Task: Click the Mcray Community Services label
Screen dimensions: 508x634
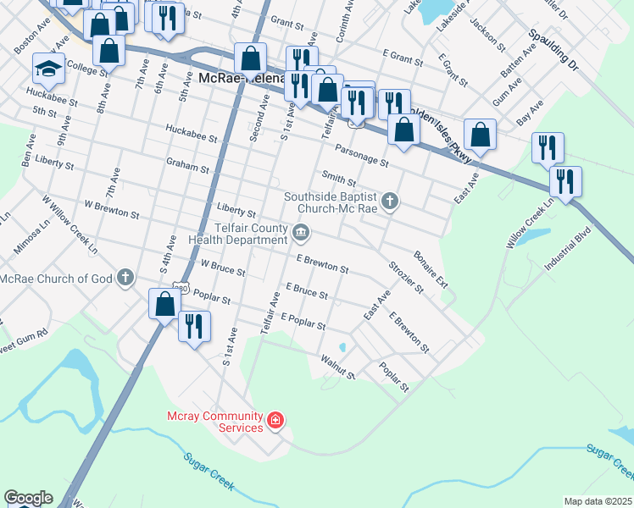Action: [x=215, y=422]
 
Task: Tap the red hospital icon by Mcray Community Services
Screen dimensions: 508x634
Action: [x=275, y=419]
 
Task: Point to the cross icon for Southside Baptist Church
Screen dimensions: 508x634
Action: [x=390, y=202]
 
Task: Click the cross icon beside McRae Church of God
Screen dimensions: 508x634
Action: [x=125, y=277]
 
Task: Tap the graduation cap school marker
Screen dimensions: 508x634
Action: [x=48, y=69]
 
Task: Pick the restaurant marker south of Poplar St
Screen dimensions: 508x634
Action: [x=194, y=326]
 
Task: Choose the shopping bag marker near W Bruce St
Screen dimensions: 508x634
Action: [x=164, y=302]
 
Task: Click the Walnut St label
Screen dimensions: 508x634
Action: [x=336, y=367]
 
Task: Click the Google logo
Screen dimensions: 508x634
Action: [x=28, y=498]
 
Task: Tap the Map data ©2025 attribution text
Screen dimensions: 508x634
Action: [x=598, y=501]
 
